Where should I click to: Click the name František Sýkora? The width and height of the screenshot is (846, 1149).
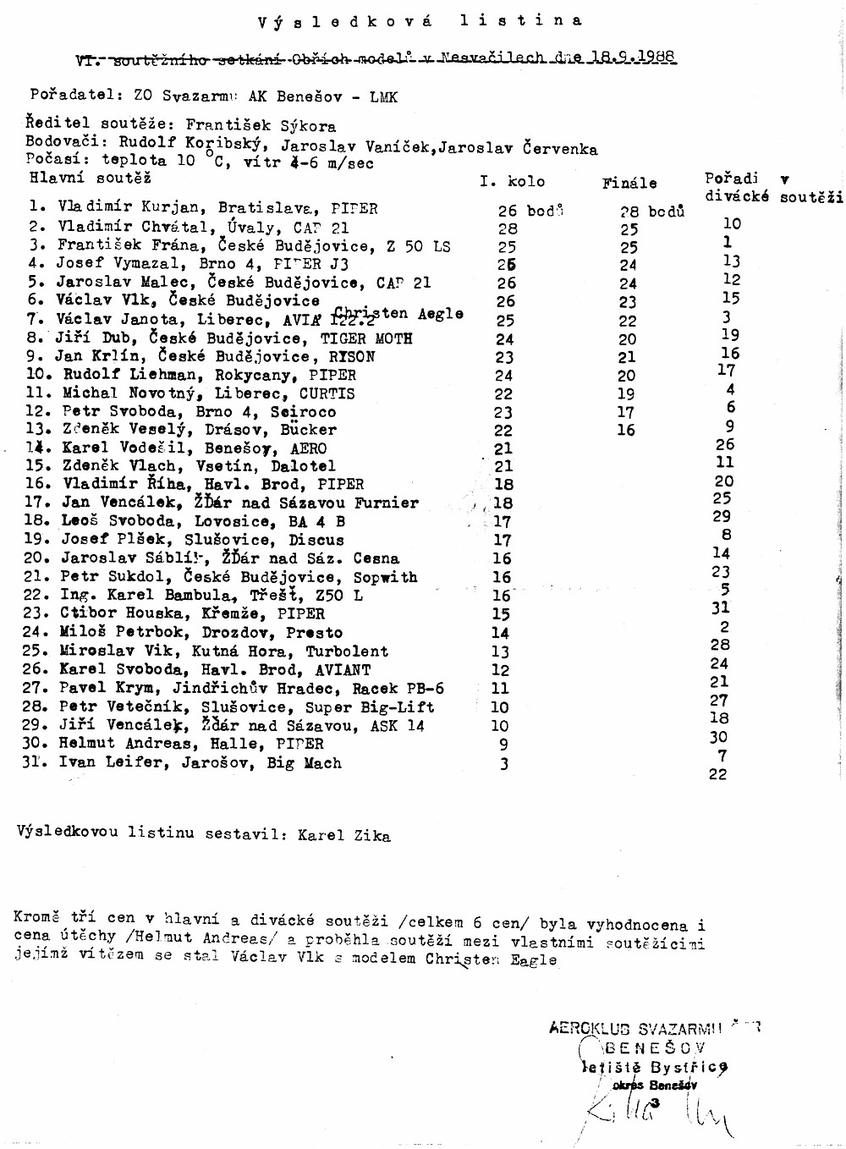click(261, 125)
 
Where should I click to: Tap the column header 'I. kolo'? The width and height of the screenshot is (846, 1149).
click(512, 181)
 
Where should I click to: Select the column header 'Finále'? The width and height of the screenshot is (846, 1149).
click(629, 182)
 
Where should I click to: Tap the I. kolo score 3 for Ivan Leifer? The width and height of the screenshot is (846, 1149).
click(504, 764)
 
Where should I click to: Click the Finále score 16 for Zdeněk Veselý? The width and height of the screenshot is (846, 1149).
click(626, 430)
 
